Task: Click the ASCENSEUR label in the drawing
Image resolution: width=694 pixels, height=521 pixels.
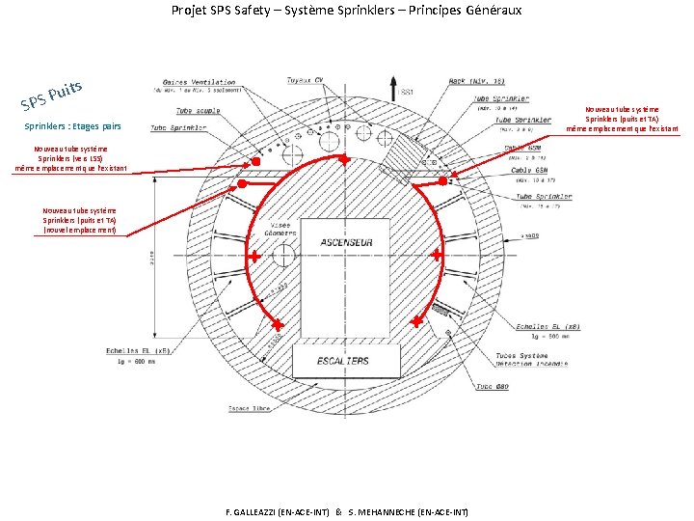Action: point(346,242)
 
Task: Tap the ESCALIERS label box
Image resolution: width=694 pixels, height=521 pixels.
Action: point(343,361)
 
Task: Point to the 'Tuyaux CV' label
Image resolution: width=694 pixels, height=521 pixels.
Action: point(306,80)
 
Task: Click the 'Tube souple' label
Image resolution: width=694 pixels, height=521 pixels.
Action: point(197,111)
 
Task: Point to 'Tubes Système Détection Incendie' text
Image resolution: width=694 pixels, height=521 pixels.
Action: point(528,362)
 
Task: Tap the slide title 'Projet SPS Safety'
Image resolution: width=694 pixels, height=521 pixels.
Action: point(346,11)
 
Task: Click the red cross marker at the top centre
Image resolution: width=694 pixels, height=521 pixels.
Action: point(342,158)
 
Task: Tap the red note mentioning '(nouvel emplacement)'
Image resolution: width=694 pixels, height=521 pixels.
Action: point(79,221)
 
